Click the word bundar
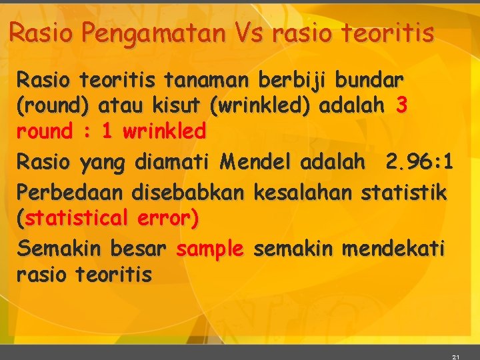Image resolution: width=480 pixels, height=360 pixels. (369, 81)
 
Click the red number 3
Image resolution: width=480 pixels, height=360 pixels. (401, 105)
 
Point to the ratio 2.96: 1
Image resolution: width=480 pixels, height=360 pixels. (419, 161)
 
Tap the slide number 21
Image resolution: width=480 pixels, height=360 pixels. (455, 357)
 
